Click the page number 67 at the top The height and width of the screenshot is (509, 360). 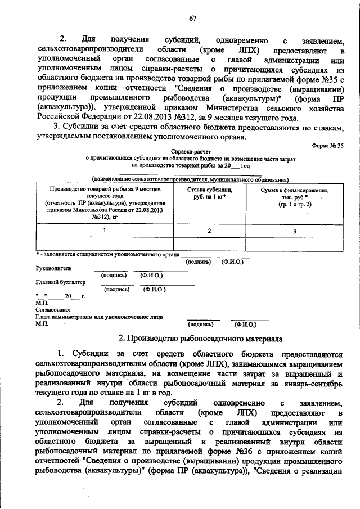192,18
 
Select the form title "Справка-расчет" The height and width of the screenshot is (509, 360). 191,152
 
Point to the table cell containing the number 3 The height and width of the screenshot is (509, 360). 294,231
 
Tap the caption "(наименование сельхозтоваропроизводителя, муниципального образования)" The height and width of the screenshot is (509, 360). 191,179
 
